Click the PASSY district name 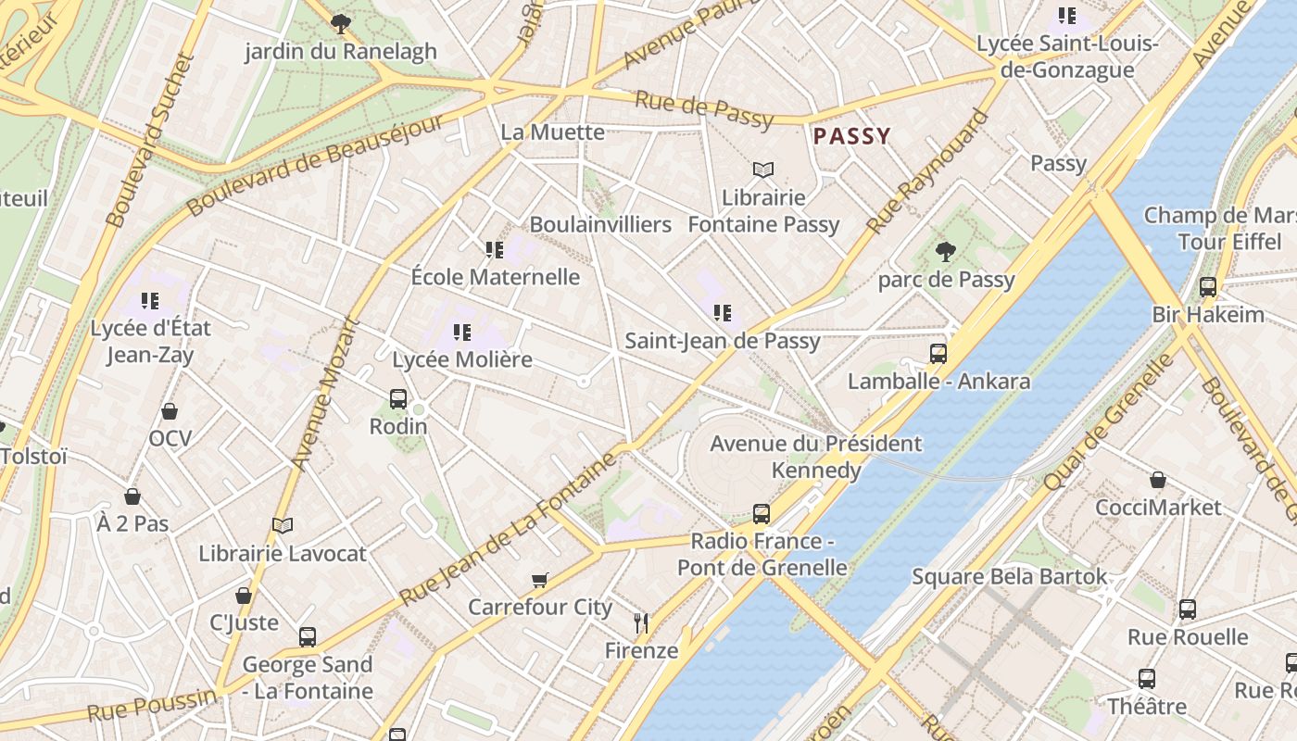click(851, 137)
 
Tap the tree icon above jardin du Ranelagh click(340, 24)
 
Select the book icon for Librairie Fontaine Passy click(762, 170)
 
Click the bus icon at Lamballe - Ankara click(938, 353)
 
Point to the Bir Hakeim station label click(1207, 314)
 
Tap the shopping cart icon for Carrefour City click(539, 581)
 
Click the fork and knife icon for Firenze click(640, 622)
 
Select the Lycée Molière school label click(462, 359)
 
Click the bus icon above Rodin click(398, 399)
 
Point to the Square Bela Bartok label click(1009, 577)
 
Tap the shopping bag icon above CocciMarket click(1157, 480)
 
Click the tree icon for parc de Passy click(945, 251)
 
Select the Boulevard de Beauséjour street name click(315, 167)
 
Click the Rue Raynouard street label click(926, 173)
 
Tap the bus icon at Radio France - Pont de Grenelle click(761, 513)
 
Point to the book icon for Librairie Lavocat click(283, 526)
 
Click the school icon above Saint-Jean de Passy click(722, 313)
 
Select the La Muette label click(552, 132)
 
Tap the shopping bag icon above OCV click(170, 410)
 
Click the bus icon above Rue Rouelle click(1187, 609)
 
